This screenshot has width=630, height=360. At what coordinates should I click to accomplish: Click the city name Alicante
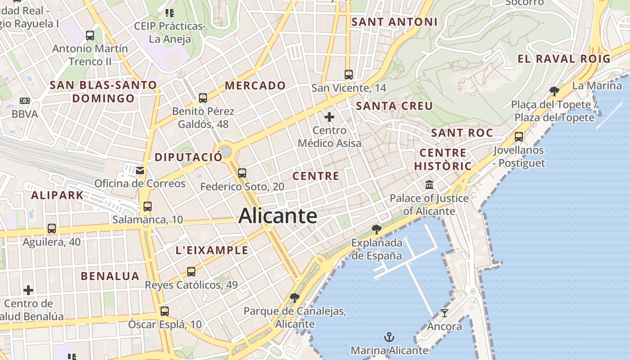point(278,216)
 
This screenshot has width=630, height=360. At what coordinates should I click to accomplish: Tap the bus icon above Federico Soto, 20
point(242,173)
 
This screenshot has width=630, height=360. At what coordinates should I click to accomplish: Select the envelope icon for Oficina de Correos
point(140,170)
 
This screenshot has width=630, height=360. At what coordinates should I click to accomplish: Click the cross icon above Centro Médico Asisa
point(329,117)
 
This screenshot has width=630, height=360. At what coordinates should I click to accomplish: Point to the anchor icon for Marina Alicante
point(389,337)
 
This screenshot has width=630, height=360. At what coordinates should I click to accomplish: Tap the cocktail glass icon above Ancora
point(445,313)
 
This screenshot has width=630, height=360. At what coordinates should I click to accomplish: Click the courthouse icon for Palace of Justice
point(429,184)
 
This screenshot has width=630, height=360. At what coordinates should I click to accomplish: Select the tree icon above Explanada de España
point(377,229)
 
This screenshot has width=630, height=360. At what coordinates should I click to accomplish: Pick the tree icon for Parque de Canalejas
point(295,297)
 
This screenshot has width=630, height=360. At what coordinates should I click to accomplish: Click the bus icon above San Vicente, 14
point(349,74)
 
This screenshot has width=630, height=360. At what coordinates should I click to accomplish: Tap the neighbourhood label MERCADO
point(255,85)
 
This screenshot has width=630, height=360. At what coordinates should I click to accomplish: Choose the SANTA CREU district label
point(394,106)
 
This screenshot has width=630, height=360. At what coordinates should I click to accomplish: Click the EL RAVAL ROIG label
point(564,58)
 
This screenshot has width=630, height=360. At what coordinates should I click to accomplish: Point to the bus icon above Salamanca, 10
point(148,207)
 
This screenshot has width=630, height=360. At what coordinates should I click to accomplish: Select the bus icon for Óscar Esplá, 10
point(165,311)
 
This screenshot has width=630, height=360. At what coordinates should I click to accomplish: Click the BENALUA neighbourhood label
point(110,276)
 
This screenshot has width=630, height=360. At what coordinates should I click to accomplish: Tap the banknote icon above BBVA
point(25,101)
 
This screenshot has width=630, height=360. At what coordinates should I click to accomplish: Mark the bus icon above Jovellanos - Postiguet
point(519,136)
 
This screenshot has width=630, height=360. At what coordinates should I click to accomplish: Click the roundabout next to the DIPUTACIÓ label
point(225,152)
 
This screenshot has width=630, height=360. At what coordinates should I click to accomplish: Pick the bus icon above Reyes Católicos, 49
point(191,271)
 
